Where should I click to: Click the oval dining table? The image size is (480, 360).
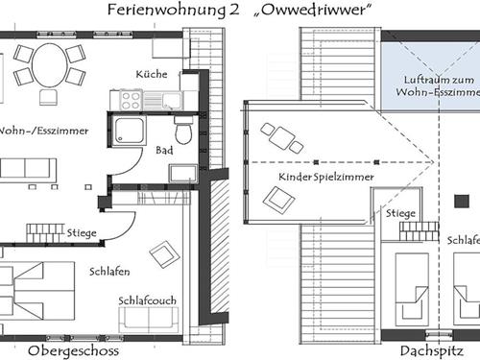(49, 66)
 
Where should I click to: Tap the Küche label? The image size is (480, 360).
(152, 74)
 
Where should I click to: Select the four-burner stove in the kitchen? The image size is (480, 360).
(131, 100)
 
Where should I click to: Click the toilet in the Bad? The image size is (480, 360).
(183, 131)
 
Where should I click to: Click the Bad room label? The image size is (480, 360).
(164, 150)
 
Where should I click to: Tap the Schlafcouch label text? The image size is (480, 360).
(147, 300)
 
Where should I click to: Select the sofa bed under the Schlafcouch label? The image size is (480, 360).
(149, 320)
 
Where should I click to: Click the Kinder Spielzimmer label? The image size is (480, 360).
(326, 177)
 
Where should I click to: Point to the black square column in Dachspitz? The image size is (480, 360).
(462, 202)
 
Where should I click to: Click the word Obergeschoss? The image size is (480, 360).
(73, 351)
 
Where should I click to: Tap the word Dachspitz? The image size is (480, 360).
(432, 351)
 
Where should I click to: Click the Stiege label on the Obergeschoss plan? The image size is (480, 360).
(82, 233)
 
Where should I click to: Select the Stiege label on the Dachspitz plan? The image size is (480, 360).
(400, 213)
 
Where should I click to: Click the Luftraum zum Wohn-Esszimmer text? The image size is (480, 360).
(439, 85)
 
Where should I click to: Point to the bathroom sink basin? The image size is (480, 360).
(183, 174)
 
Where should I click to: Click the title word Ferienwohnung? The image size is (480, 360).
(166, 10)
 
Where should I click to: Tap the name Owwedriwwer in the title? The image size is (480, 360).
(314, 10)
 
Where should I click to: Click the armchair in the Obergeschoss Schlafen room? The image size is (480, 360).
(164, 254)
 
